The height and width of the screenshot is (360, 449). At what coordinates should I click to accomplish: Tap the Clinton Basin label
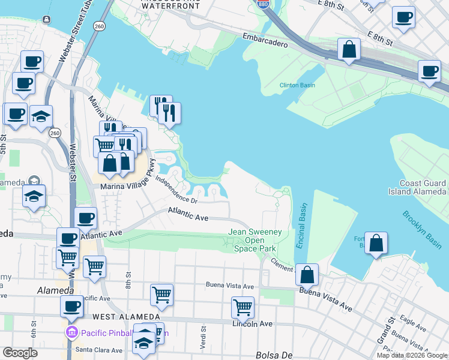click(297, 85)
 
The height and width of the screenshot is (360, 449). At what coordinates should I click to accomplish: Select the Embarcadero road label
click(265, 40)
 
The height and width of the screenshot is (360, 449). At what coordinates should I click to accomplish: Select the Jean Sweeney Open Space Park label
click(255, 240)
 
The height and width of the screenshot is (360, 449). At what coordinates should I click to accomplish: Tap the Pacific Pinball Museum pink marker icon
click(71, 332)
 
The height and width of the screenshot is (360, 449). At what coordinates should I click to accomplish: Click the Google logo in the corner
click(20, 353)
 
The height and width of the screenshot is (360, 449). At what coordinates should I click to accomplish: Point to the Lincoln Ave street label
click(252, 324)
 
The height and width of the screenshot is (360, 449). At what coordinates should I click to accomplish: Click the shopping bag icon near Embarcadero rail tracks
click(349, 50)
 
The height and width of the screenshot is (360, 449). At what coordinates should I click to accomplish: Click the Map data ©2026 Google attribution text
click(412, 355)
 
